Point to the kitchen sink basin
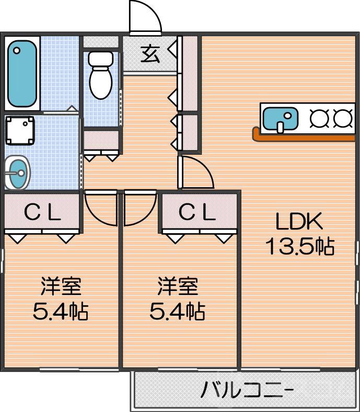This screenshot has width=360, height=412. [280, 118]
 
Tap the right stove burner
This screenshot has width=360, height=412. [343, 119]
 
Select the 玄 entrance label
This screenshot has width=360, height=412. [150, 53]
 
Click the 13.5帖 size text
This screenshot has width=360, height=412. [299, 246]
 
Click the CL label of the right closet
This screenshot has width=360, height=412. [197, 212]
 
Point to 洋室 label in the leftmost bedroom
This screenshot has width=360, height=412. [61, 288]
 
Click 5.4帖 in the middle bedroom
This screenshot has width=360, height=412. [177, 312]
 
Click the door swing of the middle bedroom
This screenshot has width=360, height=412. [139, 206]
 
